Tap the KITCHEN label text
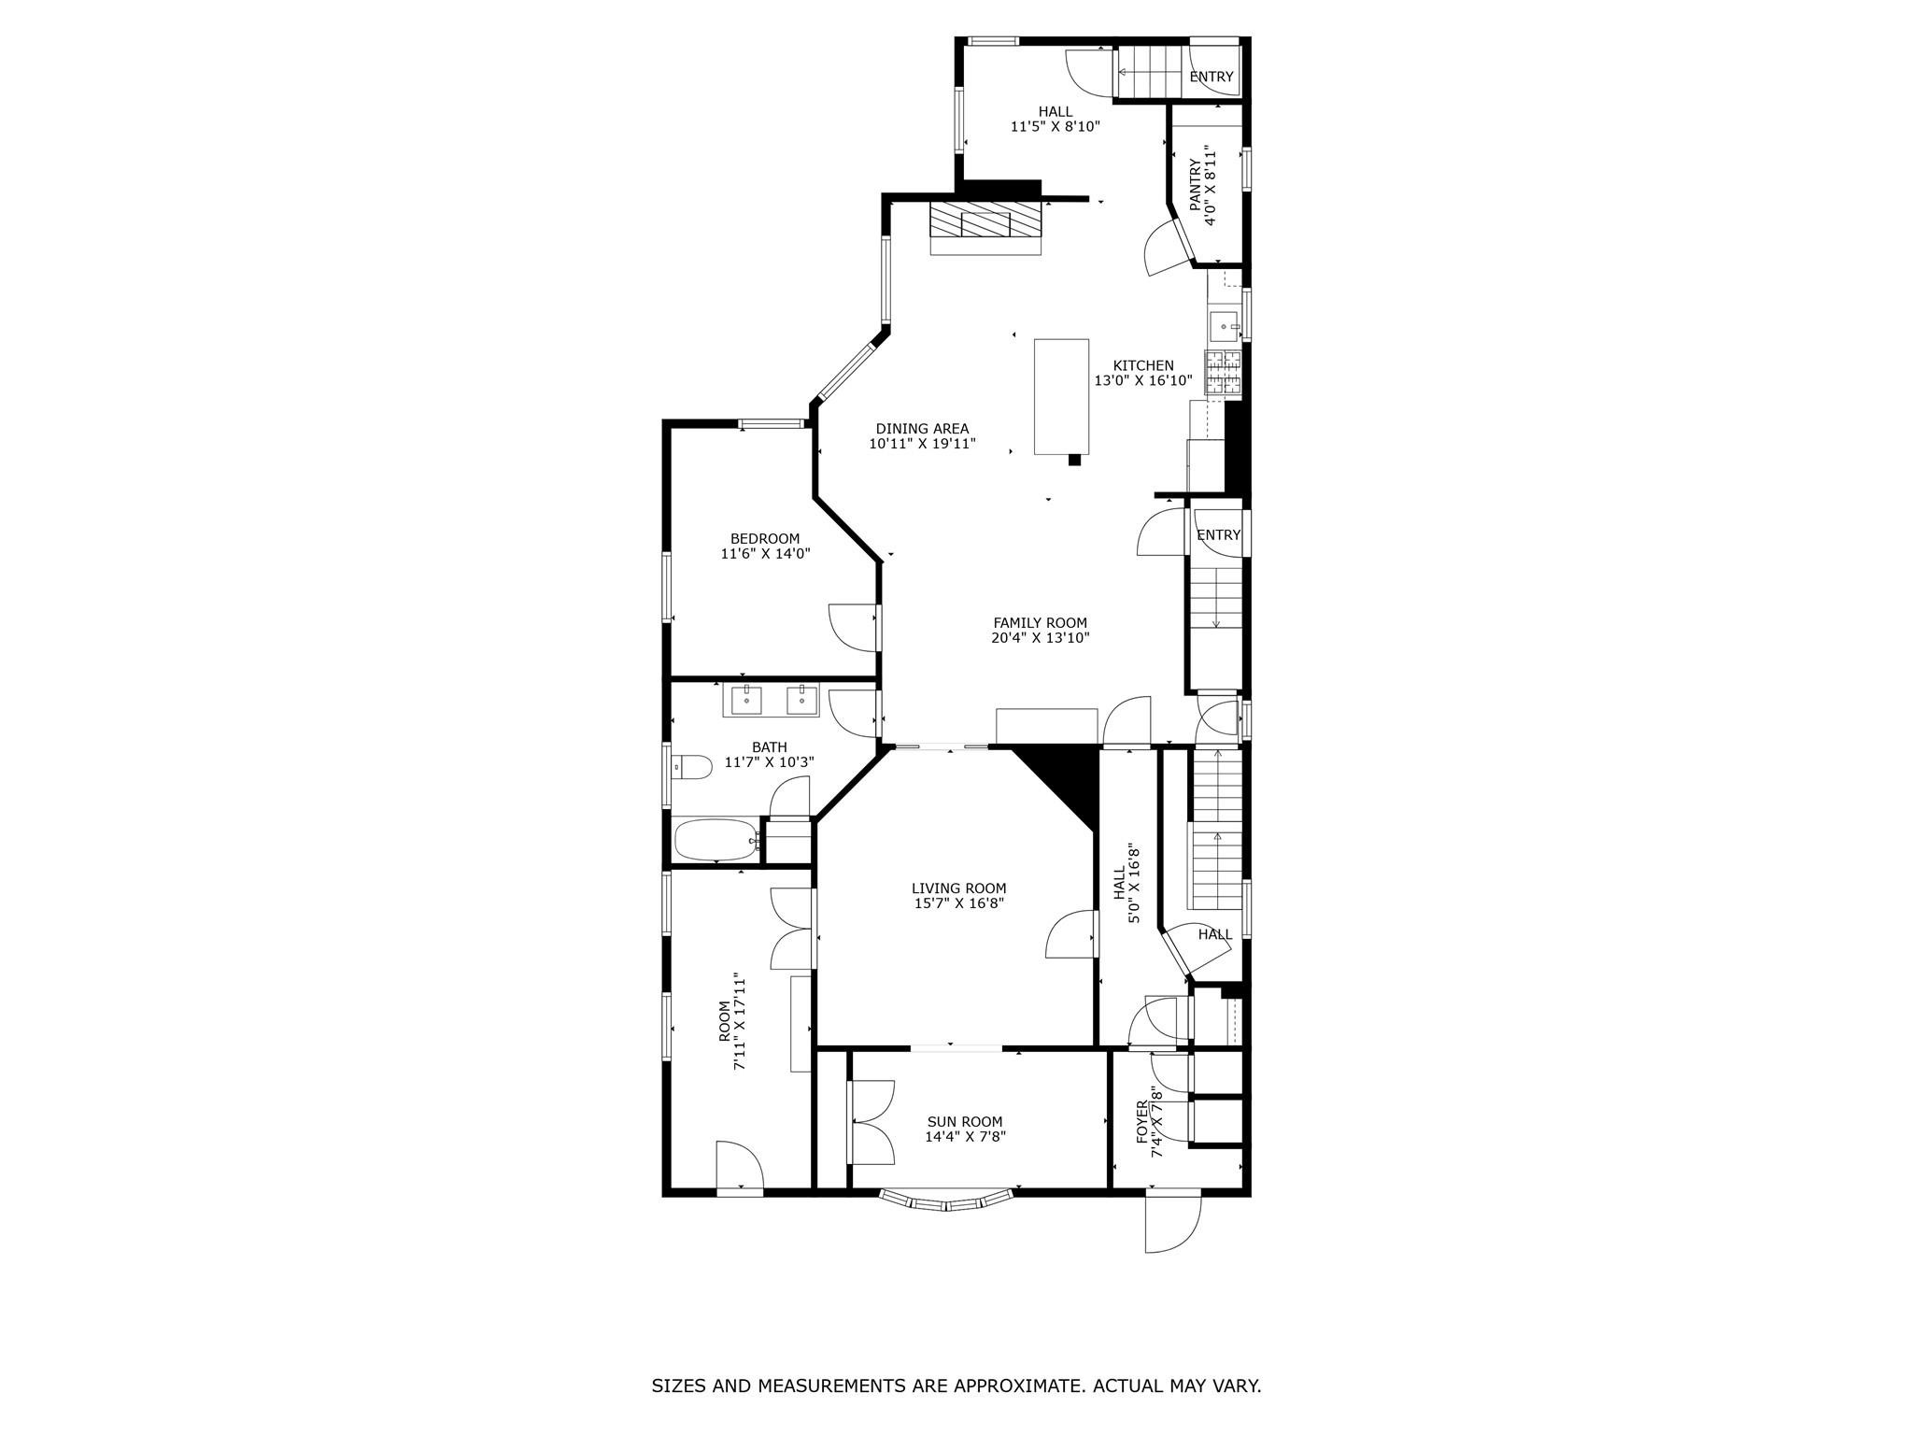point(1143,365)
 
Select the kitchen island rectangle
point(1061,396)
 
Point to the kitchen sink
point(1224,326)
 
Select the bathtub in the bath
point(716,840)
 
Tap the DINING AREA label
point(922,429)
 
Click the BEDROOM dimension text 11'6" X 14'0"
point(765,554)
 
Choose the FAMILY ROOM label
point(1040,623)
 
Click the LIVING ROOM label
point(959,888)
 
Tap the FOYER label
point(1141,1122)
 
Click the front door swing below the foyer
point(1173,1224)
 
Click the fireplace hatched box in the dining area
point(985,223)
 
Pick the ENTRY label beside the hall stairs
point(1212,77)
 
